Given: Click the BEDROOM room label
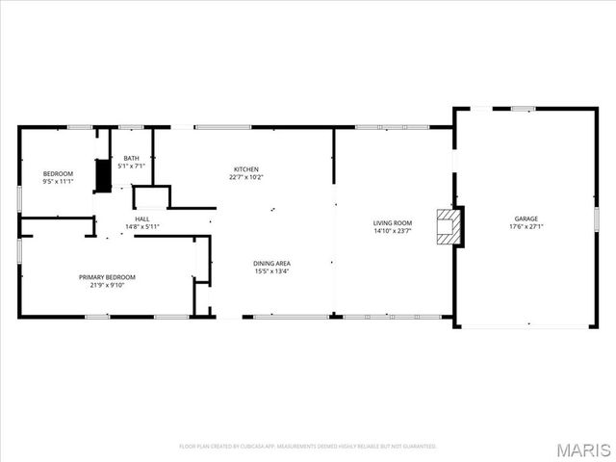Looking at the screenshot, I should (x=58, y=173).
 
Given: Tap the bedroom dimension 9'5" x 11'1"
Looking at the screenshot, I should (x=58, y=181).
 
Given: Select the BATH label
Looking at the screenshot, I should (x=131, y=158).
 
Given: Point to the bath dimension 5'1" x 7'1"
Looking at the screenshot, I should (x=131, y=166).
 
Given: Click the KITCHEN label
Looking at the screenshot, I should (x=245, y=168).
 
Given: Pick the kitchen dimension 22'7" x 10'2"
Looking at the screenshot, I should (x=245, y=177).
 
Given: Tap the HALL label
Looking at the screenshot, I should (x=141, y=218).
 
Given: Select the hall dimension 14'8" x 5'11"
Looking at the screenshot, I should (x=141, y=226).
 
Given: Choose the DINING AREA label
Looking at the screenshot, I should (x=271, y=263).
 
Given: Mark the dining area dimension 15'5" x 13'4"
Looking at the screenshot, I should (x=271, y=270).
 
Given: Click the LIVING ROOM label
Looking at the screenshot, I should (x=392, y=222).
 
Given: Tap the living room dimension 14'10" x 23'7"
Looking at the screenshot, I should (x=392, y=230).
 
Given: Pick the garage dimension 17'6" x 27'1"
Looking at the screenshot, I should (x=526, y=227).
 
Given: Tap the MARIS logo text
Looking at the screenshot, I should (x=583, y=449).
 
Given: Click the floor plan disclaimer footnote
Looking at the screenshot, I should (x=308, y=446).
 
